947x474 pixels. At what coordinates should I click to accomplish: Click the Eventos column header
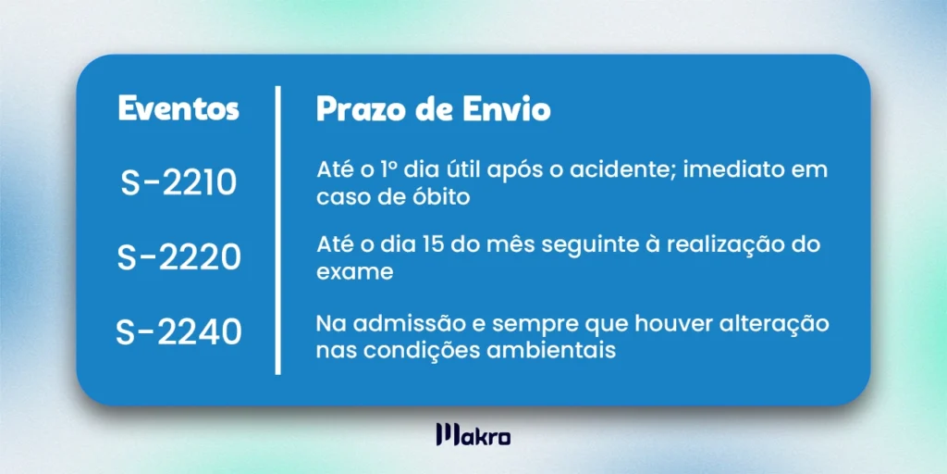click(x=178, y=109)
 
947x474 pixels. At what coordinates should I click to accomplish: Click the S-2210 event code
click(x=178, y=182)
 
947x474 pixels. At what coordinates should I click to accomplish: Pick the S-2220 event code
click(x=178, y=257)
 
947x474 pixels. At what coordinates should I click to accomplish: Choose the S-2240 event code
click(x=178, y=333)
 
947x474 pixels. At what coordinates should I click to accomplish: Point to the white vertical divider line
click(x=277, y=231)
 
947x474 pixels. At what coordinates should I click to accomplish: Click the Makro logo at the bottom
click(x=473, y=435)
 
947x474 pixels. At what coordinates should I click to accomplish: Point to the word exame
click(x=355, y=273)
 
